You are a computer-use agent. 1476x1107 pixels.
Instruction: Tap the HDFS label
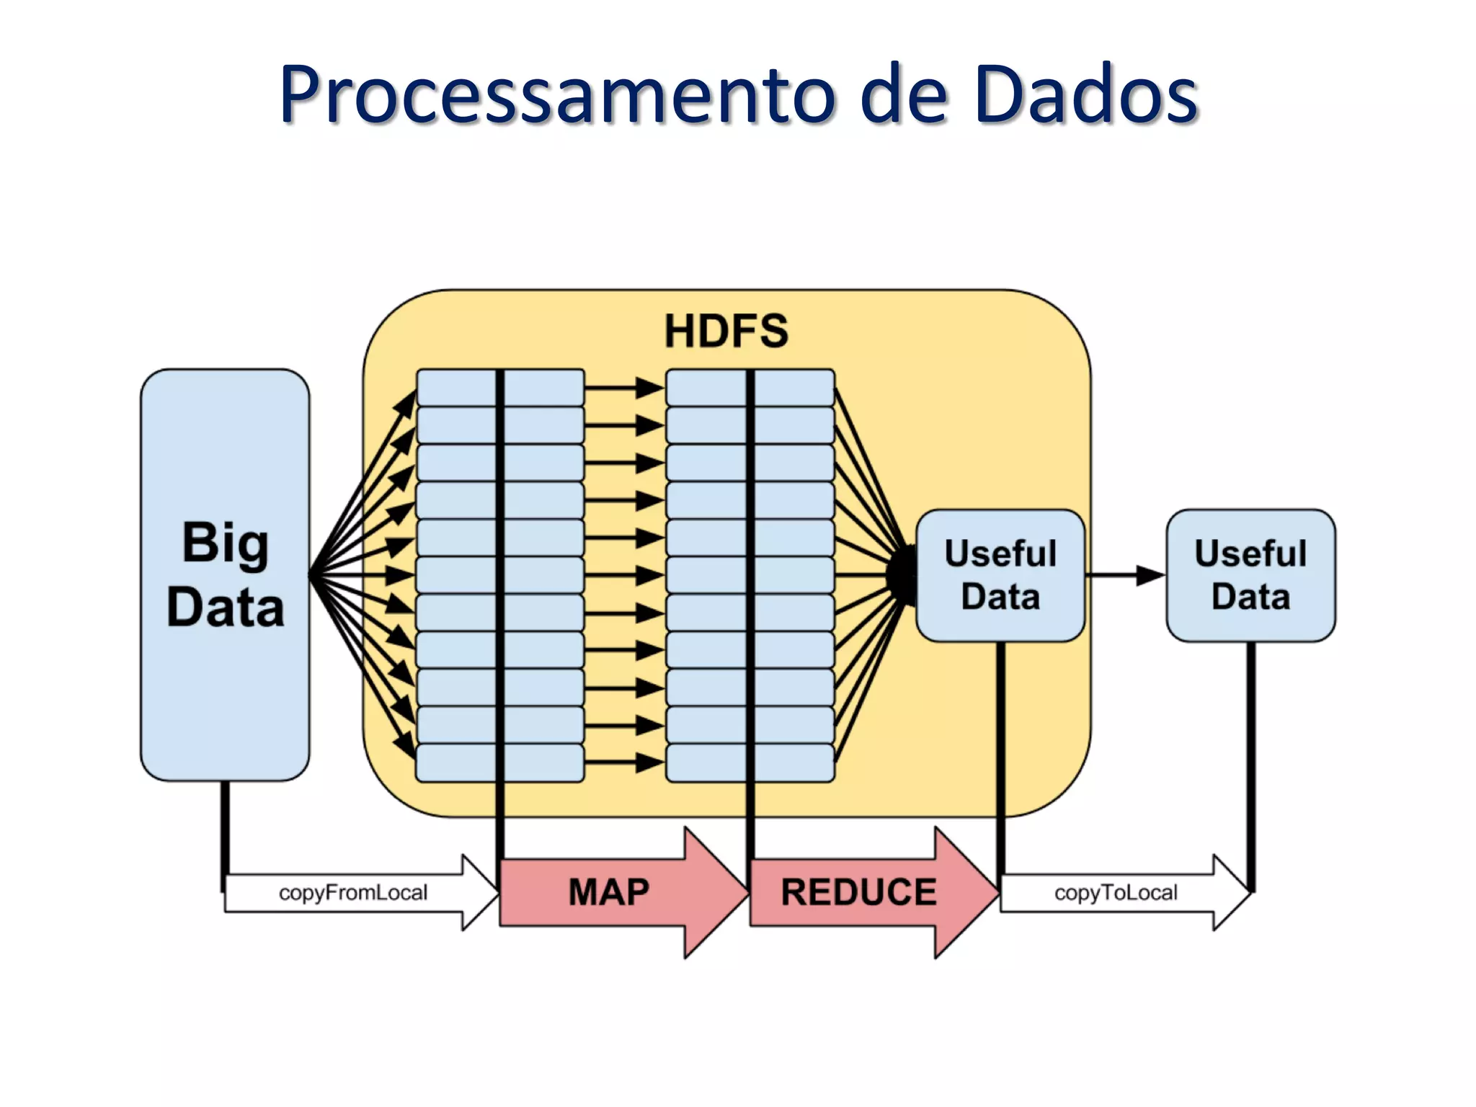[x=726, y=332]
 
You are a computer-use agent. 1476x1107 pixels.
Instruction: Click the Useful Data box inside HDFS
[x=1000, y=575]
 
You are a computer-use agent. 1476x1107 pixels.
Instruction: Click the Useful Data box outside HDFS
[x=1250, y=575]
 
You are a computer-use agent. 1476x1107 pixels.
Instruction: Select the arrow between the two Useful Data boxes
[x=1124, y=575]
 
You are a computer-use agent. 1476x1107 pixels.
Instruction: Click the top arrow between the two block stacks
[x=623, y=388]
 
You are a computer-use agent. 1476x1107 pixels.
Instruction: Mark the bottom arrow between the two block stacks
[x=623, y=762]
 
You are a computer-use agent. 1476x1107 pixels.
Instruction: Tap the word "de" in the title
[x=904, y=95]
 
